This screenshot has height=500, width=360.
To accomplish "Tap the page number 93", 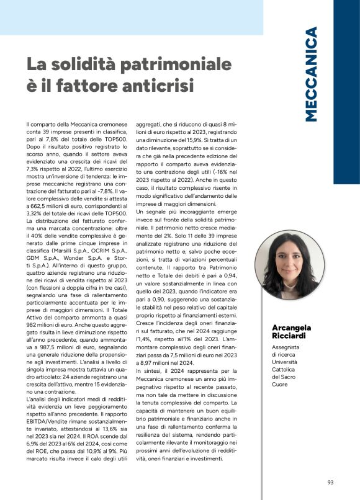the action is pyautogui.click(x=331, y=482).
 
